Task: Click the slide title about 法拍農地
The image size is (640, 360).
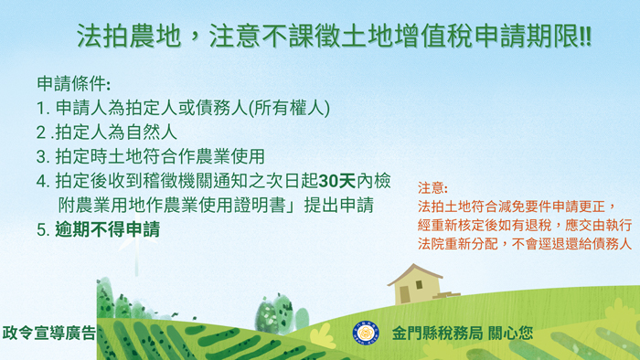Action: [333, 37]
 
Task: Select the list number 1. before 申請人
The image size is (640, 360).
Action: [42, 108]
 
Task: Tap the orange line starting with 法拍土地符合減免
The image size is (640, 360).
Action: [517, 206]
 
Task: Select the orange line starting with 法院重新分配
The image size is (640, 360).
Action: [524, 245]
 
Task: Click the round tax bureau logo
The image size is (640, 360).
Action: [366, 333]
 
